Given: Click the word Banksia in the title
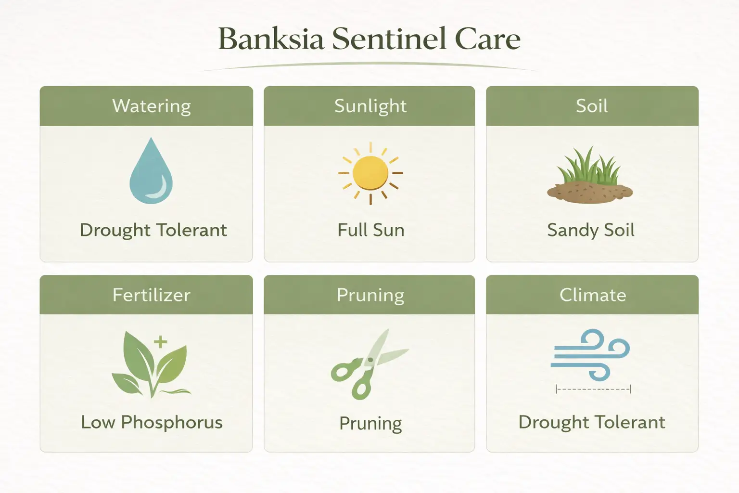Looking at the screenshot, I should tap(270, 39).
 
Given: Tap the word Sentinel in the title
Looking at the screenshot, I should tap(390, 39).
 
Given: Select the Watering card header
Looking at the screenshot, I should tap(152, 106).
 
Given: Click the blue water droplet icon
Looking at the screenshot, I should tap(151, 172).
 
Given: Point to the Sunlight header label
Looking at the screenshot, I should tap(370, 106).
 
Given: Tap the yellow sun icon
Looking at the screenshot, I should tap(370, 173).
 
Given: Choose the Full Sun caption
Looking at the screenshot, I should tap(370, 230).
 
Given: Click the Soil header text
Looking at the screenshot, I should tap(592, 106).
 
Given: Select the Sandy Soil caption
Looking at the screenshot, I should tap(591, 230).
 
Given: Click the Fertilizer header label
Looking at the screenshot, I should tap(152, 295).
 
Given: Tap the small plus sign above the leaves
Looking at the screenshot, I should tap(160, 342).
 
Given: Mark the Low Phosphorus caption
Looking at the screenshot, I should tap(152, 422).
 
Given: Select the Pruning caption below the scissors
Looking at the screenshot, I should tap(370, 423).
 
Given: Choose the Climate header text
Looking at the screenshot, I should tap(593, 295).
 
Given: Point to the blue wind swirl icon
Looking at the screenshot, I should tap(591, 355).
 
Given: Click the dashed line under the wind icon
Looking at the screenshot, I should tap(593, 389).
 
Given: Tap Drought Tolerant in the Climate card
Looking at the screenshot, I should tap(592, 422).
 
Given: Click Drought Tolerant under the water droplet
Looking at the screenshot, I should tap(153, 230).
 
